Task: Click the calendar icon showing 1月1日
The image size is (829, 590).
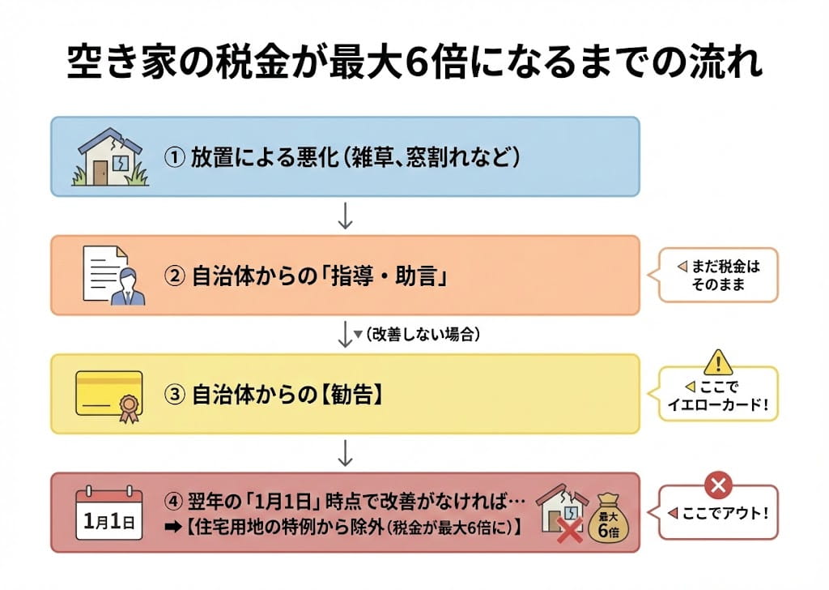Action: pos(108,514)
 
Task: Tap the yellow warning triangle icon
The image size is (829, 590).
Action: pos(717,361)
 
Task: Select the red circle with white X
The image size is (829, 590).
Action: pos(717,486)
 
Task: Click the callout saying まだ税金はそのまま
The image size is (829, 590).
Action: pos(718,276)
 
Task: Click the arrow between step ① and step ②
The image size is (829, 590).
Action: pos(346,215)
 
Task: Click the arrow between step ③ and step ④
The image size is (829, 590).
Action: pos(346,453)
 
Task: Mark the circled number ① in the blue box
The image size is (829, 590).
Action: pos(174,156)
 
